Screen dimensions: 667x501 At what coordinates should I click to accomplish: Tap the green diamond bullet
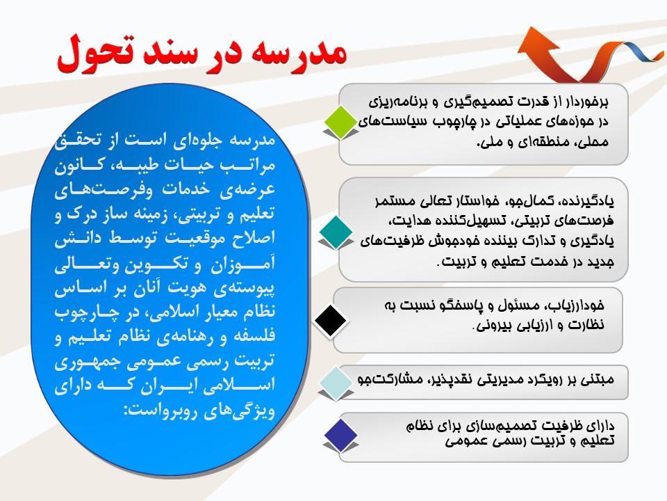340,122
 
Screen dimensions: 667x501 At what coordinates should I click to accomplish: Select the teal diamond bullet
336,232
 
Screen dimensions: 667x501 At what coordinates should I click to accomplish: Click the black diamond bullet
331,321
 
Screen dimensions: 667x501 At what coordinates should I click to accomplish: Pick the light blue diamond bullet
336,383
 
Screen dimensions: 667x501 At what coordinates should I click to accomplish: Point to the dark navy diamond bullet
340,435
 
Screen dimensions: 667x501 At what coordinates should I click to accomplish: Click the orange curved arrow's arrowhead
537,42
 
